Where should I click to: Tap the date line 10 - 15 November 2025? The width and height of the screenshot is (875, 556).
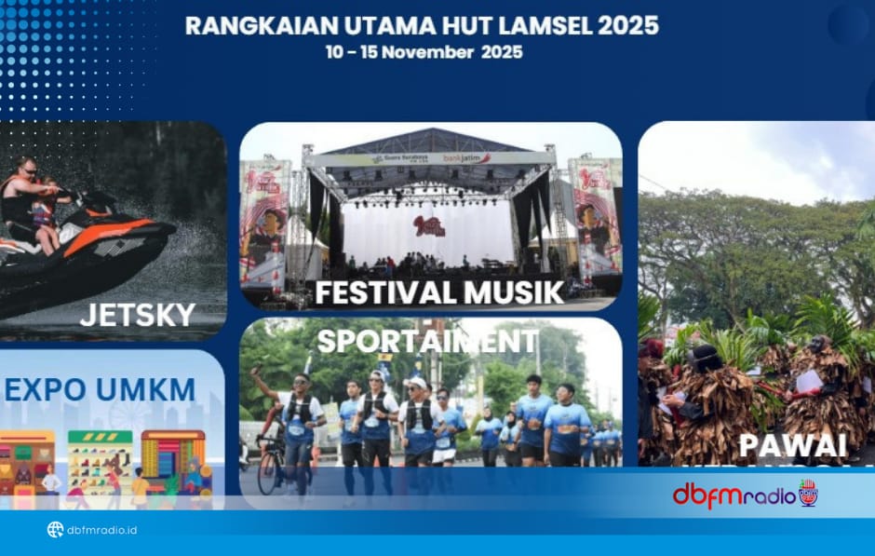[x=424, y=52]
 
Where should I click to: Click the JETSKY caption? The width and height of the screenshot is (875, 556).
[x=138, y=315]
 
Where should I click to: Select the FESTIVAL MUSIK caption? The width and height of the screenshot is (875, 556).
[x=439, y=292]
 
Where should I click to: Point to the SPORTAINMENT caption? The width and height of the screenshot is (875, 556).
[x=427, y=340]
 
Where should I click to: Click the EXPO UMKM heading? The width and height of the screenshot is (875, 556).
[x=100, y=389]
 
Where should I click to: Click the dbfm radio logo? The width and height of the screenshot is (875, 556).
[x=745, y=494]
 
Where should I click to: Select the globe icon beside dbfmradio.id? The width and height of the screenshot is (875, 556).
[x=55, y=530]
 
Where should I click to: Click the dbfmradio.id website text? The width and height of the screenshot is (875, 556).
[x=102, y=531]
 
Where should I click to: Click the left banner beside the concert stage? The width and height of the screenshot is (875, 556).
[x=264, y=224]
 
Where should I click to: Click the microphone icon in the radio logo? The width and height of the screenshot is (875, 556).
[x=808, y=492]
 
